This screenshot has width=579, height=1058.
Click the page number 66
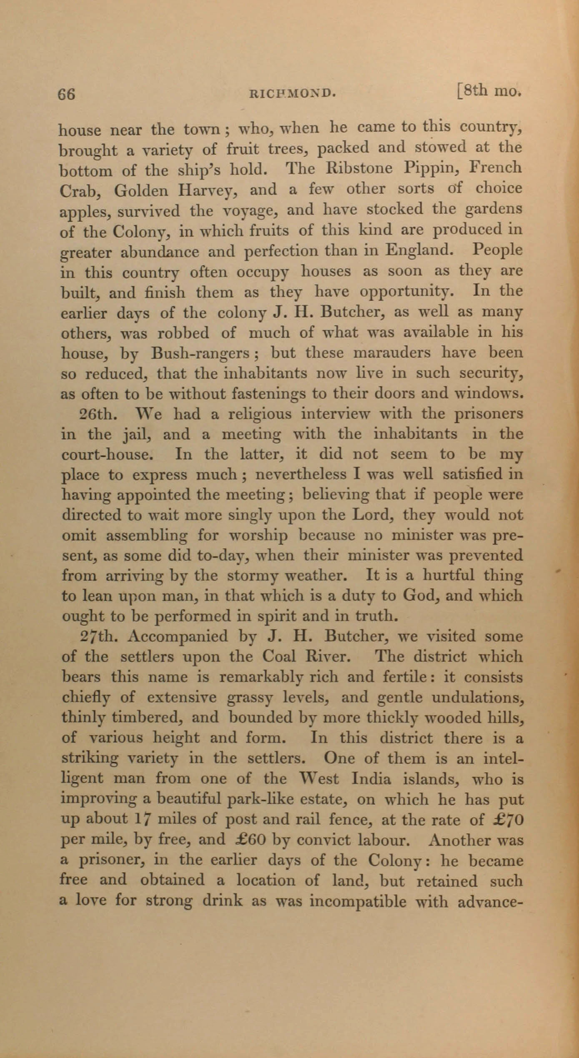point(66,94)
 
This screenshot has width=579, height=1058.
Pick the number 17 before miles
point(140,819)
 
